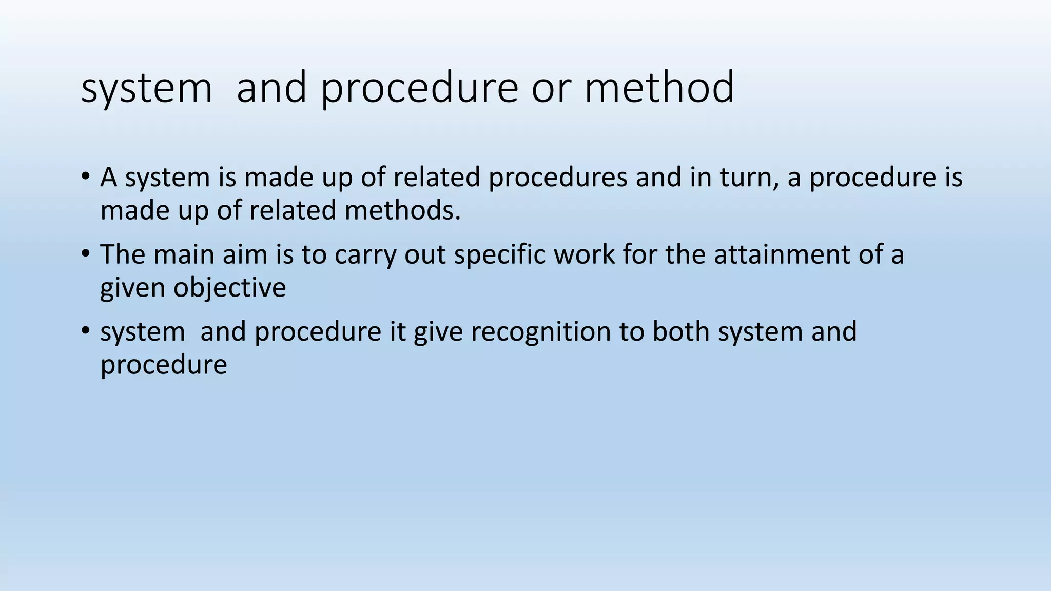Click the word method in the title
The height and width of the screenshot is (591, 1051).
tap(659, 88)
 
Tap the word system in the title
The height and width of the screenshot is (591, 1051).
tap(146, 88)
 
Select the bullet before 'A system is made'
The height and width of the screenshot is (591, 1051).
tap(85, 177)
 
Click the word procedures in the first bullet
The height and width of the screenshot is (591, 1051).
tap(558, 178)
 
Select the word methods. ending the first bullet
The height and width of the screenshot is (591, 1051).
tap(403, 210)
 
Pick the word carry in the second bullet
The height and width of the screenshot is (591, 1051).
tap(365, 255)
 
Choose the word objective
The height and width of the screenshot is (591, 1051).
tap(229, 288)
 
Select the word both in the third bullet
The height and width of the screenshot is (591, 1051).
tap(680, 331)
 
